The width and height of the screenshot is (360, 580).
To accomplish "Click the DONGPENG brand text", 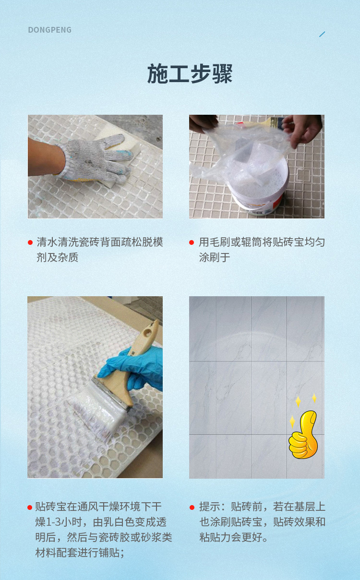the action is click(x=50, y=30).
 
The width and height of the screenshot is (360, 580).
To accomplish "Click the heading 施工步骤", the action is click(x=190, y=74).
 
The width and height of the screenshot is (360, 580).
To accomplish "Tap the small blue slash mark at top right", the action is click(x=322, y=34).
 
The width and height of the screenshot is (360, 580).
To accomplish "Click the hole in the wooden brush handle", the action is click(x=148, y=333).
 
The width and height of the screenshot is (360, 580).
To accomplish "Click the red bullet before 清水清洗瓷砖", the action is click(x=30, y=242).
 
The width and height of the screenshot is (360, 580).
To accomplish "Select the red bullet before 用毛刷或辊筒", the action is click(x=192, y=242).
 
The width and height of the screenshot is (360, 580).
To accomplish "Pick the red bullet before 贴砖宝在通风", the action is click(x=30, y=507).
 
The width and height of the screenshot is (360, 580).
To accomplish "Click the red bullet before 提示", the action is click(x=192, y=507).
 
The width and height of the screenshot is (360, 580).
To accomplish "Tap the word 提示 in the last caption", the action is click(x=209, y=507).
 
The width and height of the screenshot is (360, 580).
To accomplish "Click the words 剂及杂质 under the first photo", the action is click(x=57, y=257).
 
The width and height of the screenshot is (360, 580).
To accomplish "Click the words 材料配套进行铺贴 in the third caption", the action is click(x=77, y=553).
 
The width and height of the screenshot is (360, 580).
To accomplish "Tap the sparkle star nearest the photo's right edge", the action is click(x=314, y=398).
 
